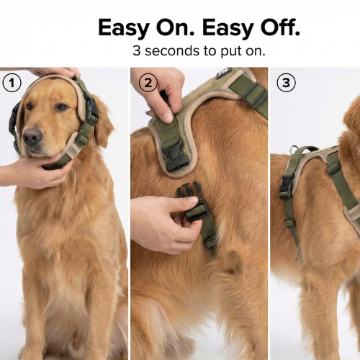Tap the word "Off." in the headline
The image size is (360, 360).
tap(274, 28)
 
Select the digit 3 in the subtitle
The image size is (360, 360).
tap(137, 52)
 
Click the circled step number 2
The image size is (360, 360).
tap(148, 82)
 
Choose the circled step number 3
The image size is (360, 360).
tap(287, 82)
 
